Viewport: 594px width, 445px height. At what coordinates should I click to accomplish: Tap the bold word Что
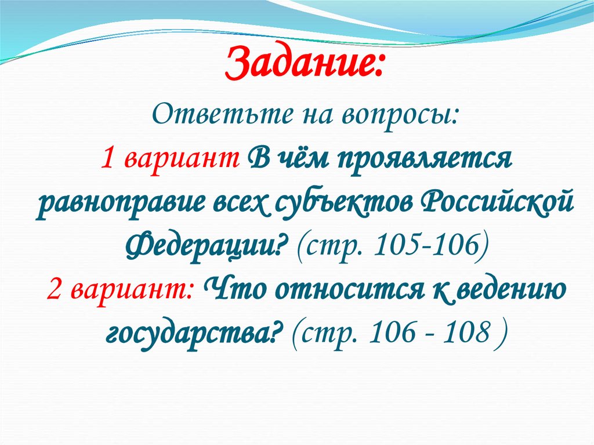[x=231, y=288]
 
